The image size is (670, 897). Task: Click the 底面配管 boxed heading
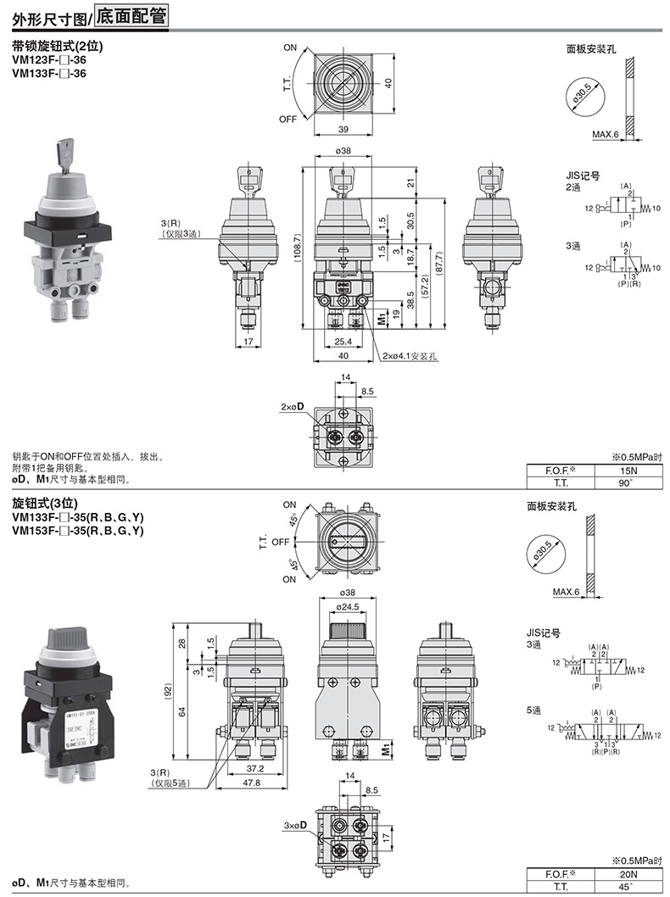(131, 15)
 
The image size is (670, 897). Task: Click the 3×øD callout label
(296, 825)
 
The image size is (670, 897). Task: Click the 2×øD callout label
(293, 407)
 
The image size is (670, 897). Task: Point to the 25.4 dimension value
(343, 341)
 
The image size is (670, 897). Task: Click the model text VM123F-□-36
(49, 61)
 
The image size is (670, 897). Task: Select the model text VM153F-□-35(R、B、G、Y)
(77, 531)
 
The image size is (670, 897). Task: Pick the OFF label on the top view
(288, 119)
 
